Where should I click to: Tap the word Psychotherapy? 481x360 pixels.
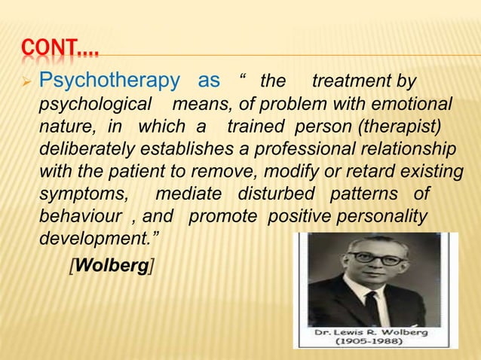pyautogui.click(x=109, y=81)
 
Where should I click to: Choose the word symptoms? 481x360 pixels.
pyautogui.click(x=83, y=194)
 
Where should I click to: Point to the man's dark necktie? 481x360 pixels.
pyautogui.click(x=372, y=309)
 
